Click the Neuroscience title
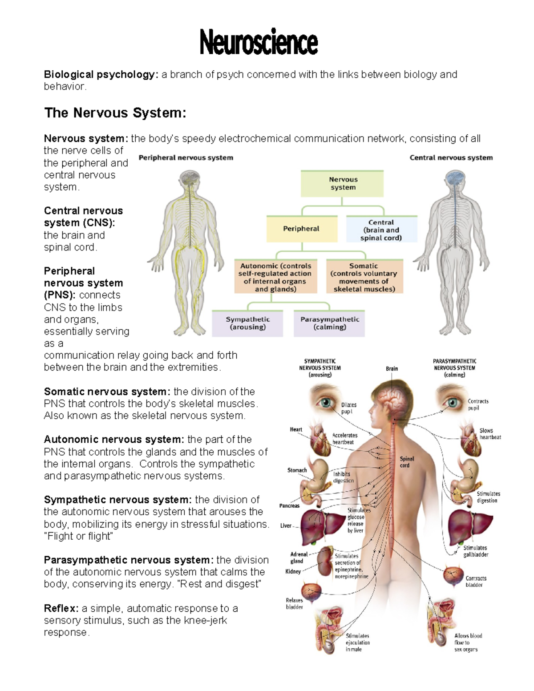point(259,43)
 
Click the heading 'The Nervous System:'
point(115,113)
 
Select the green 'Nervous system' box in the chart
point(342,183)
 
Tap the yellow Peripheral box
point(301,229)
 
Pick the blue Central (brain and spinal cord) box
point(381,230)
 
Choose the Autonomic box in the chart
point(276,277)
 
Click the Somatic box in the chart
point(364,277)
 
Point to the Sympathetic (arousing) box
point(247,323)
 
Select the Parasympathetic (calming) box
point(329,323)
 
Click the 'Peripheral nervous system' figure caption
point(186,158)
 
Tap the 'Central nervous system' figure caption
point(451,158)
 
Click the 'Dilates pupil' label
point(348,408)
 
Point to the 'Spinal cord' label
point(406,462)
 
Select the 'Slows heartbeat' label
point(490,434)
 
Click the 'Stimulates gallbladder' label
point(476,551)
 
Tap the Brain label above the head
point(392,368)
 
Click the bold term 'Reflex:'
point(61,608)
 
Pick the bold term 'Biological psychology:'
point(101,74)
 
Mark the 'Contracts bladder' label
point(476,582)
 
